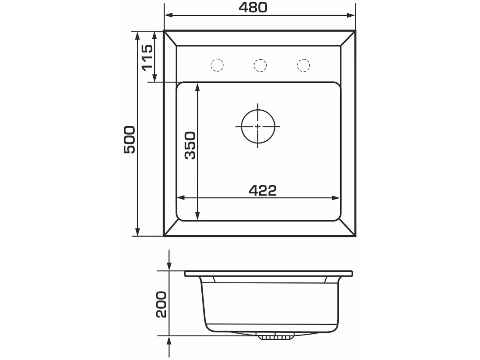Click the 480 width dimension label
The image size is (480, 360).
(253, 7)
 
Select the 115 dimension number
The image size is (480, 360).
(147, 58)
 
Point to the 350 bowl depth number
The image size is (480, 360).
(190, 145)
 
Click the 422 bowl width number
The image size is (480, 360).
(263, 190)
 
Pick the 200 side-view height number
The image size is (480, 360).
(161, 304)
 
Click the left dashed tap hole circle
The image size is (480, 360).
(217, 65)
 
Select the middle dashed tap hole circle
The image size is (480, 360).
(260, 65)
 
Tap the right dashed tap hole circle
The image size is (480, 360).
(303, 65)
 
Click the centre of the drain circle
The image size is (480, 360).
(258, 127)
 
